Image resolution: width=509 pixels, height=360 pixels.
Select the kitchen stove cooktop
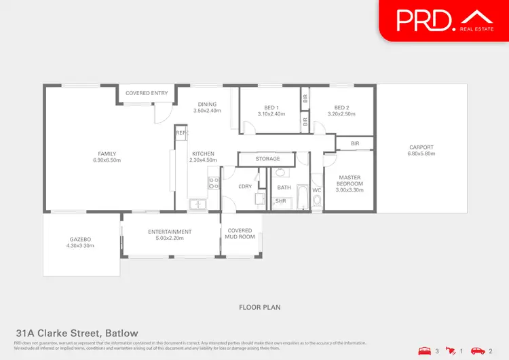pyautogui.click(x=212, y=183)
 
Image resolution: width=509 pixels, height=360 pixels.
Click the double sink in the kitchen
pyautogui.click(x=197, y=203)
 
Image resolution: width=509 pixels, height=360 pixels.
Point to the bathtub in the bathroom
pyautogui.click(x=301, y=197)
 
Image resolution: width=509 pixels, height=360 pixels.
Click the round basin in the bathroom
pyautogui.click(x=281, y=173)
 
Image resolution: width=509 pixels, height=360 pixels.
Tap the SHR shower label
pyautogui.click(x=280, y=202)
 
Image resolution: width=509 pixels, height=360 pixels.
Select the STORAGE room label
pyautogui.click(x=267, y=159)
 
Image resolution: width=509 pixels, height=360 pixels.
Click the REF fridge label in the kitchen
pyautogui.click(x=181, y=133)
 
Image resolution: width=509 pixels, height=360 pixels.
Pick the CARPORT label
pyautogui.click(x=421, y=147)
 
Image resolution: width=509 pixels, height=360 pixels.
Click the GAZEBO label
pyautogui.click(x=80, y=239)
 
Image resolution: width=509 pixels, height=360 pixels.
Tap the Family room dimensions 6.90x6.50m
pyautogui.click(x=107, y=161)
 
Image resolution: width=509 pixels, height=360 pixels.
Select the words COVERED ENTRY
pyautogui.click(x=147, y=93)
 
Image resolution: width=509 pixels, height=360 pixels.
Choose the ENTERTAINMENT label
pyautogui.click(x=170, y=232)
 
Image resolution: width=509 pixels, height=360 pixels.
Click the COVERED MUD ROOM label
pyautogui.click(x=240, y=234)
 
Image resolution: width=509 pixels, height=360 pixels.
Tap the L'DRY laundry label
pyautogui.click(x=244, y=187)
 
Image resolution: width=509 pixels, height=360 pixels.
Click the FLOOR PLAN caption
pyautogui.click(x=259, y=308)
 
